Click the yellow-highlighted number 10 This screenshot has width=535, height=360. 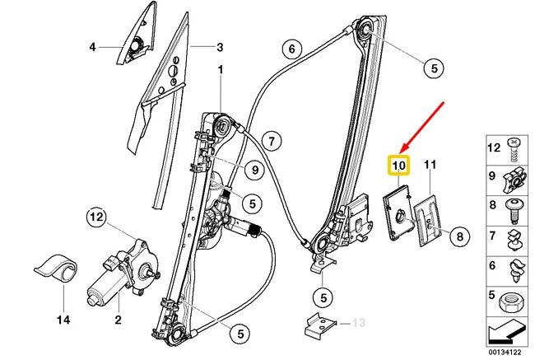click(398, 166)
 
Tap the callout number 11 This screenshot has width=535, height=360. click(427, 166)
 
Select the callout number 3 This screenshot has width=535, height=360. click(220, 47)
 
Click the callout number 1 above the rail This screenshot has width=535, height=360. click(221, 70)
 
